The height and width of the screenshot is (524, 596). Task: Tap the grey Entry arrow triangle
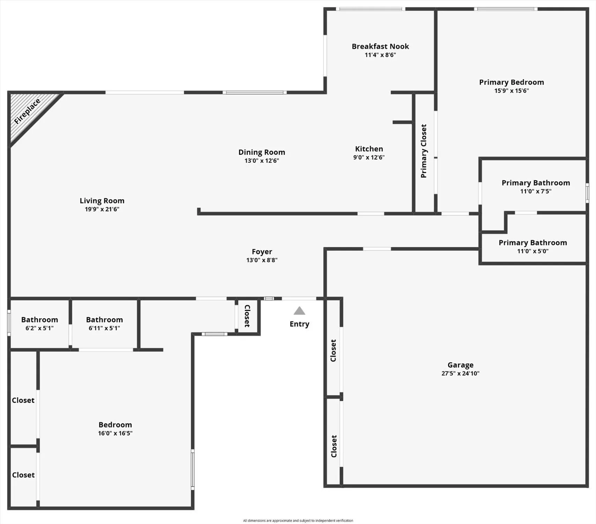coord(299,311)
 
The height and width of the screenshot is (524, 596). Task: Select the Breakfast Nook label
coord(380,46)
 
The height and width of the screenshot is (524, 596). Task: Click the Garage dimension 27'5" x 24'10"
coord(460,373)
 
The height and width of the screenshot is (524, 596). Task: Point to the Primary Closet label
coord(424,151)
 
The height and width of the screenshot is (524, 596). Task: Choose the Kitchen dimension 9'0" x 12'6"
coord(369,158)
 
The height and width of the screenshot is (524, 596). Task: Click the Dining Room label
coord(262,152)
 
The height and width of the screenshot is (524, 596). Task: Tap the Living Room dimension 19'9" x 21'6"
coord(102,209)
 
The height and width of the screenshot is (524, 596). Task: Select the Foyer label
coord(262,252)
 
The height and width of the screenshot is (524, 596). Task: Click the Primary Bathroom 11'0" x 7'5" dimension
coord(536,191)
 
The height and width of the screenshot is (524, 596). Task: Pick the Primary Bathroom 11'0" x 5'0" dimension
coord(532,251)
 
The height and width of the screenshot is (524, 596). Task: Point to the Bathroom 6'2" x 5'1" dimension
coord(39,328)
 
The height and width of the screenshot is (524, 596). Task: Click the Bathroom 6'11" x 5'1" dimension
coord(104,328)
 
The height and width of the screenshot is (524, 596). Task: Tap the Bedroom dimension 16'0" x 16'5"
coord(115,434)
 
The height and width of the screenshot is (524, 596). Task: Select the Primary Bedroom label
coord(512,82)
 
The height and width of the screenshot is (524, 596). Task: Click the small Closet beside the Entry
coord(247,316)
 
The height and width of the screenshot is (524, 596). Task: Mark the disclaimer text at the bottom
coord(298,521)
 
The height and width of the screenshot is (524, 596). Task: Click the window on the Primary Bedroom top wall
coord(506,9)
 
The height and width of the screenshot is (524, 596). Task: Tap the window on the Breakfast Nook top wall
coord(370,9)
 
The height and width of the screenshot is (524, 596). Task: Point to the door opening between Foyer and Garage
coord(377,249)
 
